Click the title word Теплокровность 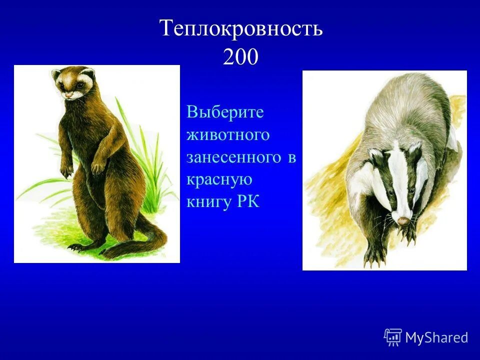click(x=241, y=28)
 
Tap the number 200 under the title click(x=240, y=57)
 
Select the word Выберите click(x=225, y=112)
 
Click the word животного click(x=228, y=134)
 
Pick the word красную click(x=219, y=179)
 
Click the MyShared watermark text click(x=436, y=337)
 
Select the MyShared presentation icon click(x=393, y=337)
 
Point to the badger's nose click(x=402, y=219)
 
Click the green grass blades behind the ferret click(x=142, y=150)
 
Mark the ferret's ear click(x=55, y=75)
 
